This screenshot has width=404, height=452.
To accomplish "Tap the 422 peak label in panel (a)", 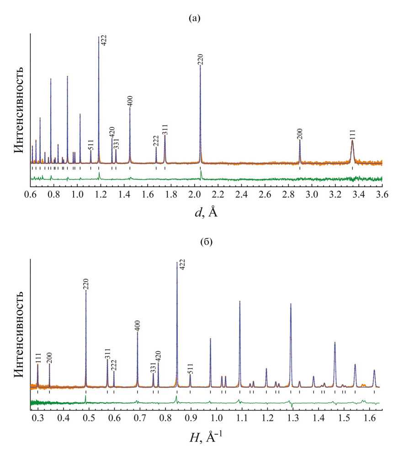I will (x=104, y=41).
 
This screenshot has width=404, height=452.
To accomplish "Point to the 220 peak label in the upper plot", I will (x=200, y=60).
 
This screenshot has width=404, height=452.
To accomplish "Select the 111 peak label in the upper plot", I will (x=352, y=135).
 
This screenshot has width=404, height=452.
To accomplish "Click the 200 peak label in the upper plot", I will (x=300, y=134).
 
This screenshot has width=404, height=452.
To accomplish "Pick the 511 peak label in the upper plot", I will (x=91, y=145).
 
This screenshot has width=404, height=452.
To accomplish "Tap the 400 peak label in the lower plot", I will (x=138, y=326).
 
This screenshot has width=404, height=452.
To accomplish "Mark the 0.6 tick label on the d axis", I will (x=31, y=195).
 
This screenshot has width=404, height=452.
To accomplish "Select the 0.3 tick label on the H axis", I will (x=38, y=418).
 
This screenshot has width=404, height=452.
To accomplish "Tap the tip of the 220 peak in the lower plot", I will (x=85, y=291).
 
